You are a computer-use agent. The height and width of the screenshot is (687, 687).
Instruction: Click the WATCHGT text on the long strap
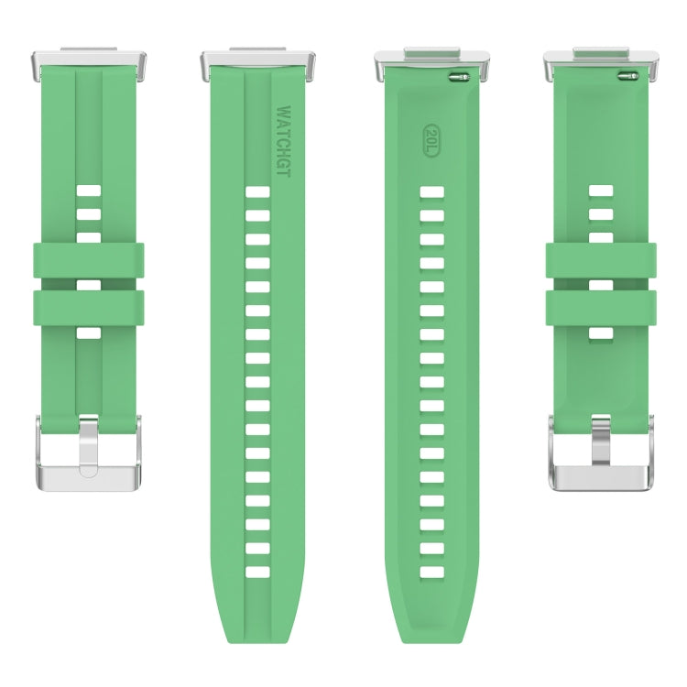[283, 139]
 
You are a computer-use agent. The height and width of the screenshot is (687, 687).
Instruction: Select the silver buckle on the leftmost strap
[89, 454]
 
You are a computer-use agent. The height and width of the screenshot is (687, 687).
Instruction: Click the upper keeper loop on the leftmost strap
[89, 260]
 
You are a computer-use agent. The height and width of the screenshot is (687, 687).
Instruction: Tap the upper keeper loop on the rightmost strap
[600, 260]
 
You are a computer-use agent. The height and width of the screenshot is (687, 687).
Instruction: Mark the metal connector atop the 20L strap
[431, 63]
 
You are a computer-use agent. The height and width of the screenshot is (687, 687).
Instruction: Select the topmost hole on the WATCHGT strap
[258, 192]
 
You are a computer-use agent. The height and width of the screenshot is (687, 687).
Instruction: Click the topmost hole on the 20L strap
[431, 192]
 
